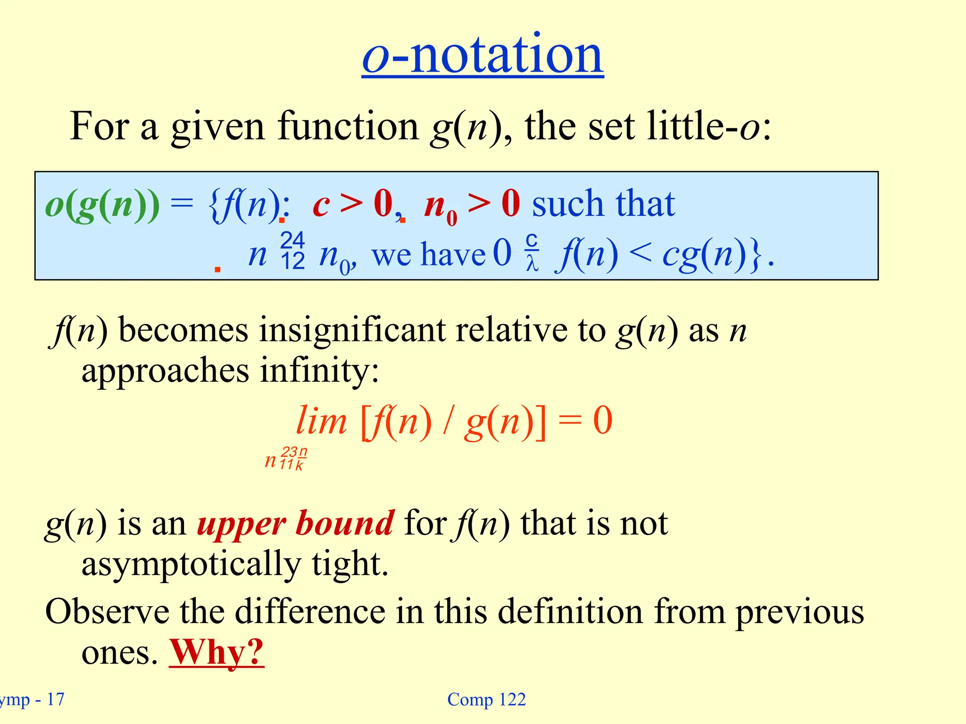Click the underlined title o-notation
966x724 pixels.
point(483,56)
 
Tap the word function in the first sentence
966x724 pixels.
point(348,126)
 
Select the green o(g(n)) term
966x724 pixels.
point(102,205)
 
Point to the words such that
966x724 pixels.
point(603,204)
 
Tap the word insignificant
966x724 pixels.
point(352,330)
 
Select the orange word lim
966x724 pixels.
point(321,420)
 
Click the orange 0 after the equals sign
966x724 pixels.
point(602,420)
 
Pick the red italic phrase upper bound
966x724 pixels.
point(295,523)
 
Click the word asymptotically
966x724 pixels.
point(191,564)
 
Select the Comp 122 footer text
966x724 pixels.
point(486,699)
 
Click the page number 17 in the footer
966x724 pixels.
point(56,699)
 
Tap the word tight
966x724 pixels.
point(350,564)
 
